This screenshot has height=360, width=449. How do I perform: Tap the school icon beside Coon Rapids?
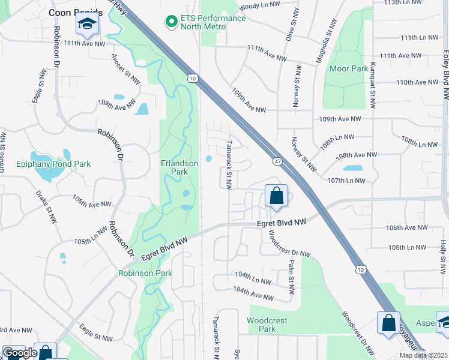point(87,25)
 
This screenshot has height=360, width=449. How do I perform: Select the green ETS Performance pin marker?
point(171,22)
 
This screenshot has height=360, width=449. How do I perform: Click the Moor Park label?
point(349,68)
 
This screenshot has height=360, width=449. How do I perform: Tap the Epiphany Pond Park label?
point(53,163)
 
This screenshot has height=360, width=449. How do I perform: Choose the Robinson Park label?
point(145,273)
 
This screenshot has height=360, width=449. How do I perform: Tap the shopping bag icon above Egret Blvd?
point(276,196)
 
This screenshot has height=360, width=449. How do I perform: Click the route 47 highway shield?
point(277,161)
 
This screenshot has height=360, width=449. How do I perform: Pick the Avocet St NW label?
point(125,69)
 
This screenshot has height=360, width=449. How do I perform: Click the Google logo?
point(20,352)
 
